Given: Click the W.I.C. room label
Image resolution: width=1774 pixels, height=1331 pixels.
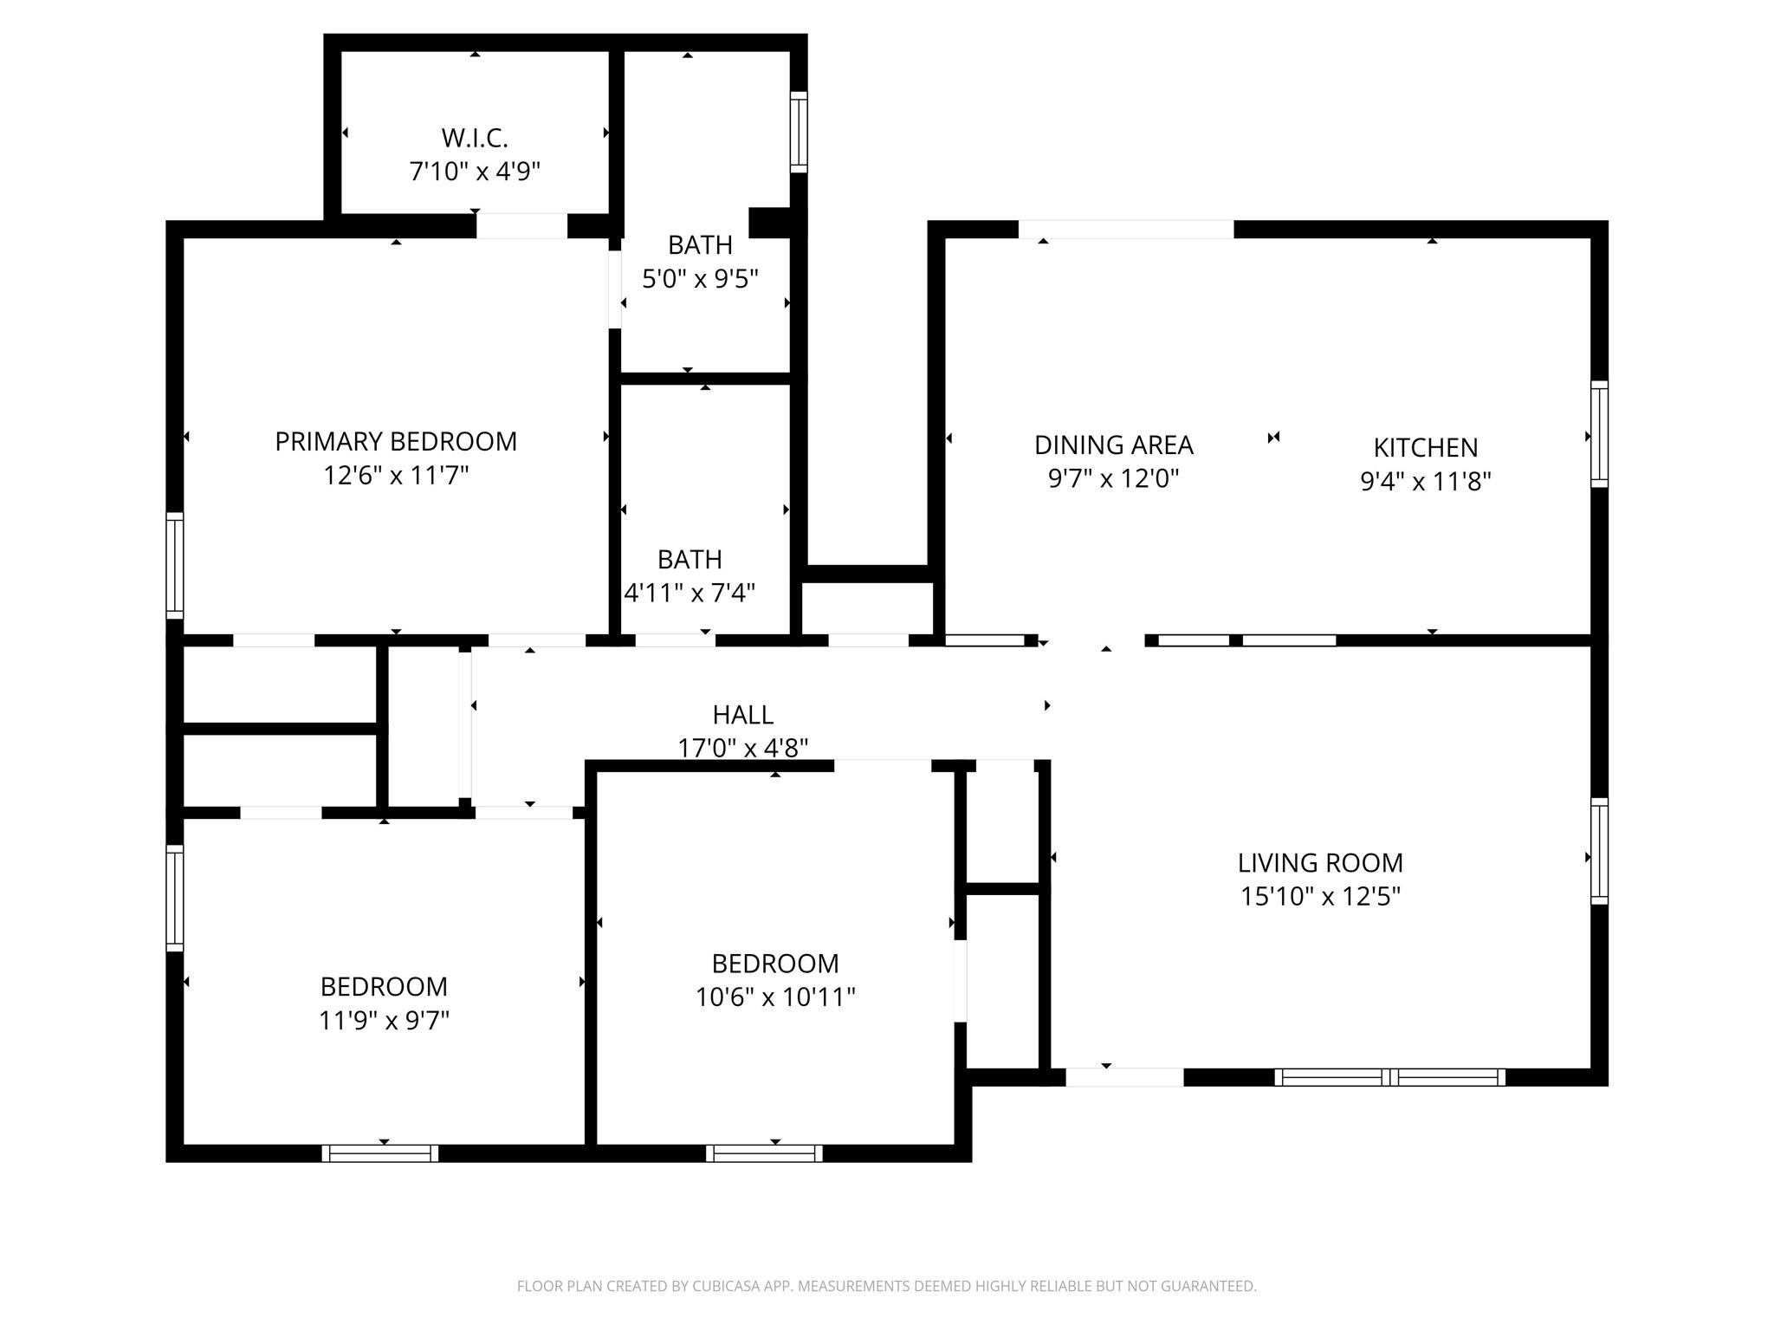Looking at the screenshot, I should click(474, 138).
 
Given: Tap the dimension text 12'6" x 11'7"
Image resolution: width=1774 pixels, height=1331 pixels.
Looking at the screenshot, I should click(396, 476).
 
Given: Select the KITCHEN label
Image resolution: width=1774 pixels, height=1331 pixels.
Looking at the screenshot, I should click(1425, 447).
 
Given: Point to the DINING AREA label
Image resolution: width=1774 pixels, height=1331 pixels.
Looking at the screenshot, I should click(1113, 445).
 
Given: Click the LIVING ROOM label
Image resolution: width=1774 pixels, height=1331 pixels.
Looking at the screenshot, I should click(1319, 862).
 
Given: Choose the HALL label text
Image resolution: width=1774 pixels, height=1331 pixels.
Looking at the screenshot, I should click(742, 715).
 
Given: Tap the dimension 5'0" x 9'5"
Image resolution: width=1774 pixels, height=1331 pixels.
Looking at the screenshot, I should click(700, 279).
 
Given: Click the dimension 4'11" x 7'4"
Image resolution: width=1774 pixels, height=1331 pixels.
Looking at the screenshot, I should click(690, 593).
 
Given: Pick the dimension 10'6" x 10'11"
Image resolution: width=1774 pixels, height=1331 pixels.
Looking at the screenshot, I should click(775, 997).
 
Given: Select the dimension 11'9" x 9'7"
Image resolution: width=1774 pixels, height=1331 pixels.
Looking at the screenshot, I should click(384, 1021).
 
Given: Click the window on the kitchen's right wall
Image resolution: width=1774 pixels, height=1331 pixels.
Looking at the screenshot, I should click(1599, 433).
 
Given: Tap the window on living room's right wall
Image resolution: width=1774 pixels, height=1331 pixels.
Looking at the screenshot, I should click(1599, 851).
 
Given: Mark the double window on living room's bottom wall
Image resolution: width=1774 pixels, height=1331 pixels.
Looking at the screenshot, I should click(1389, 1077).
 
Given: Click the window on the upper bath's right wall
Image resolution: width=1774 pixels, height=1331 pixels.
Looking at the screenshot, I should click(799, 132).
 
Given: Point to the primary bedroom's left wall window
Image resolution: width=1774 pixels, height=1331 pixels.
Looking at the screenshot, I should click(175, 565).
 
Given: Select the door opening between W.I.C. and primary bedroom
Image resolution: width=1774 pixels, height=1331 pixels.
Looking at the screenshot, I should click(521, 226).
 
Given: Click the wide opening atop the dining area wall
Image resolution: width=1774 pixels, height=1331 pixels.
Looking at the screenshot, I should click(1125, 230).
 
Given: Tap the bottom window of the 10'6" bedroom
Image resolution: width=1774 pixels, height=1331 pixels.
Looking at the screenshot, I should click(764, 1152).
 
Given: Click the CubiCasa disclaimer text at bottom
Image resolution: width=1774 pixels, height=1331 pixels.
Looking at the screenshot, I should click(886, 1287).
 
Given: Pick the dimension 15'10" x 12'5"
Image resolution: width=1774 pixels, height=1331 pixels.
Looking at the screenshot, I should click(1319, 896).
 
